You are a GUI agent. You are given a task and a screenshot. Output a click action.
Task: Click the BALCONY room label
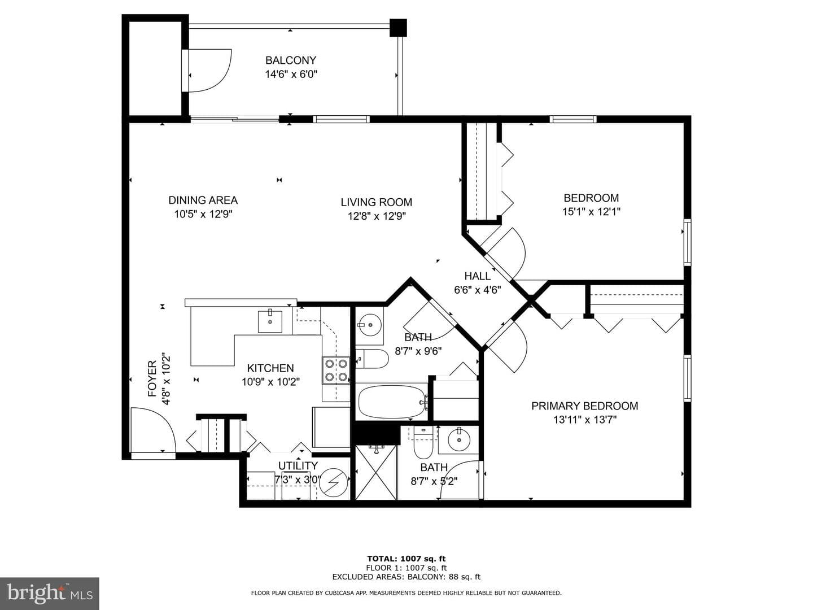click(291, 60)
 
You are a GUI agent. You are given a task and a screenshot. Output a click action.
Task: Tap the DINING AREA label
click(203, 201)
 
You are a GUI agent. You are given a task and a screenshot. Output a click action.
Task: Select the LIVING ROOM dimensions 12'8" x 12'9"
click(377, 216)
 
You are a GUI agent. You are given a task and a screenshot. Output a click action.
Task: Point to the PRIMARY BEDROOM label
click(584, 406)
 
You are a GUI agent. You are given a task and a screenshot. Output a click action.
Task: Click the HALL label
click(478, 276)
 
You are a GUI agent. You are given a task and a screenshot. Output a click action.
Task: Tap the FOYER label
click(152, 378)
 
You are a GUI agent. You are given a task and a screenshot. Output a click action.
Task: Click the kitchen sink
click(270, 321)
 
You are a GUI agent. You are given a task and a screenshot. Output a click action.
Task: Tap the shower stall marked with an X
click(376, 472)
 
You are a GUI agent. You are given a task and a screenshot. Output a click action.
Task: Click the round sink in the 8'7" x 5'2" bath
click(459, 440)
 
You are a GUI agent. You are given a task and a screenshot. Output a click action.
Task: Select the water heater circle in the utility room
click(334, 483)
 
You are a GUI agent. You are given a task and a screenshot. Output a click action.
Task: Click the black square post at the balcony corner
click(398, 28)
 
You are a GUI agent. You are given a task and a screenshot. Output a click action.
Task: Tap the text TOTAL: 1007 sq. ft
click(406, 559)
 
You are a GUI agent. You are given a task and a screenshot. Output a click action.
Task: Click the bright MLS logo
click(50, 593)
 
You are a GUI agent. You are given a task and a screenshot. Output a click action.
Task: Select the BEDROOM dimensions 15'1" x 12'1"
click(591, 212)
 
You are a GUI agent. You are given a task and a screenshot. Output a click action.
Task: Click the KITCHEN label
click(270, 368)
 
